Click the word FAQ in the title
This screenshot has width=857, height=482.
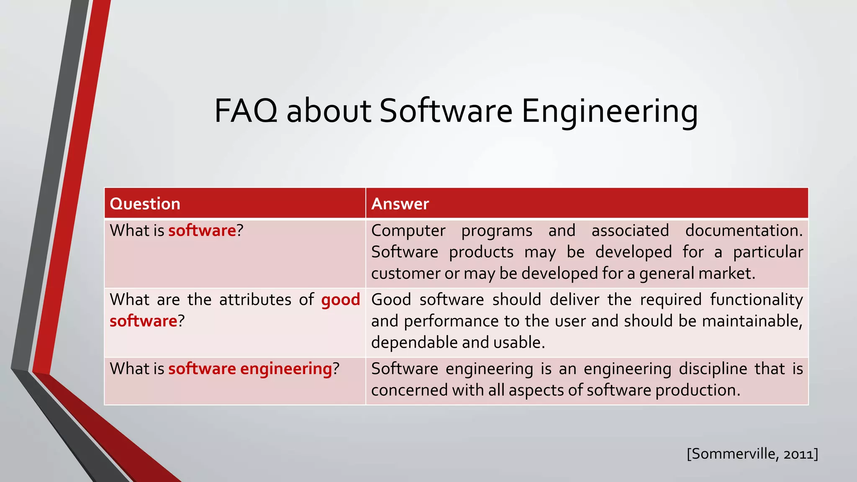tap(246, 111)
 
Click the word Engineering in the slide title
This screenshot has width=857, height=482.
tap(609, 111)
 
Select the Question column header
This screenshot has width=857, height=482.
tap(145, 204)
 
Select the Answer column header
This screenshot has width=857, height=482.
tap(400, 204)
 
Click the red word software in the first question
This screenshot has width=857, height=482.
tap(202, 231)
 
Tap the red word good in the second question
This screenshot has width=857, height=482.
tap(341, 300)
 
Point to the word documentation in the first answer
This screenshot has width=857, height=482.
tap(744, 231)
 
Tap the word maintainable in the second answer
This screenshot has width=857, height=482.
tap(752, 321)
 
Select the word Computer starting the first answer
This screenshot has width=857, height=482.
tap(408, 231)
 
